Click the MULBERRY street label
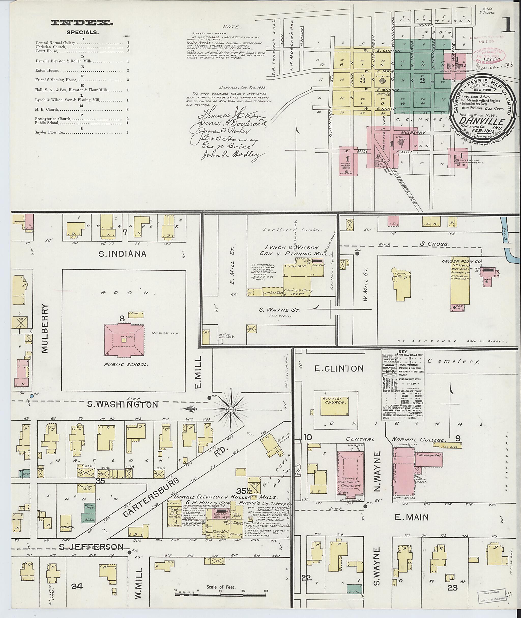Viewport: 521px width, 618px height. (44, 328)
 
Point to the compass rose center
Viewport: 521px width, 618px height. (231, 409)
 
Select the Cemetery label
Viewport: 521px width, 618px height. (453, 362)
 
